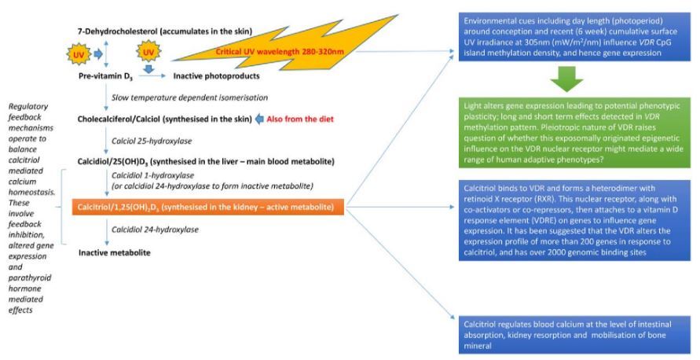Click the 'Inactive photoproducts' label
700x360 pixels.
pyautogui.click(x=218, y=76)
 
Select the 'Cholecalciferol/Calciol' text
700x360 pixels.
pyautogui.click(x=126, y=119)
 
